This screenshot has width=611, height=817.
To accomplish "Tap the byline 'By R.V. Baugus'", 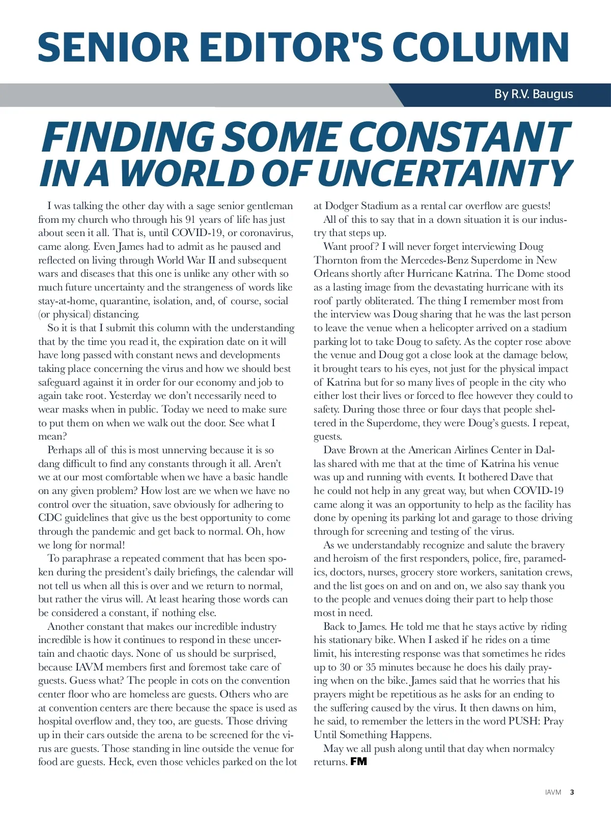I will pos(534,94).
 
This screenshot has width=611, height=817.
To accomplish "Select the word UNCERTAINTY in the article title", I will pos(445,173).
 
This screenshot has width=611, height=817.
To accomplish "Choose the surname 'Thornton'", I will pos(336,260).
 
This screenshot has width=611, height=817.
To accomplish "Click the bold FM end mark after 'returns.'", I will pos(358,762).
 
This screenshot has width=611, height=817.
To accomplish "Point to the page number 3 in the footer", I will pos(572,793).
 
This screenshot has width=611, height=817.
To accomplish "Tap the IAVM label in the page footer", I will pos(553,793).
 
